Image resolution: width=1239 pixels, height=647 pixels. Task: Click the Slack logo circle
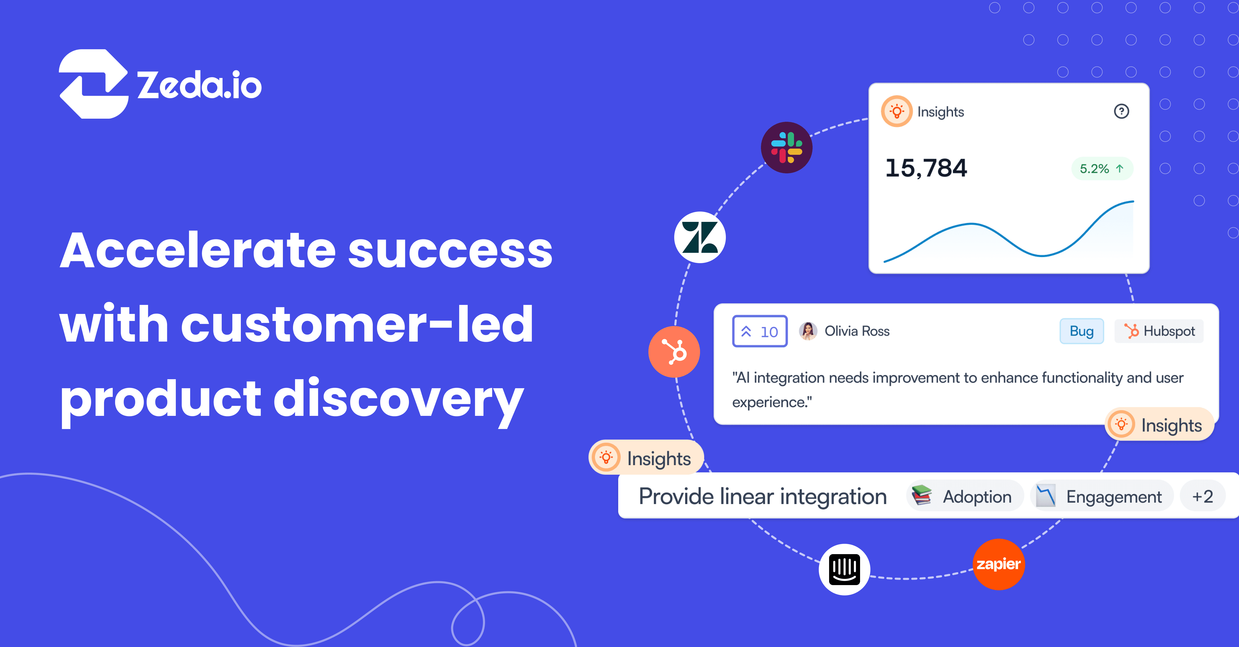[787, 148]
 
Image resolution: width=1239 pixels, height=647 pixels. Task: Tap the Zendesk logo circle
[700, 237]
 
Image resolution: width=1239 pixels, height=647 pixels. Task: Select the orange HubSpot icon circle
[674, 352]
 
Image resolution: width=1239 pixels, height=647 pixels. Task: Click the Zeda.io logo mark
[93, 84]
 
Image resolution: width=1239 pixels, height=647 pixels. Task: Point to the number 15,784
[926, 168]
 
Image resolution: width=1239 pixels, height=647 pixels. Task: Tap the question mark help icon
[1121, 111]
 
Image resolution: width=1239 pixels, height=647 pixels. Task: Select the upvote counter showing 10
[759, 331]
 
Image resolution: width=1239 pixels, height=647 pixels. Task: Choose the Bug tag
[1081, 331]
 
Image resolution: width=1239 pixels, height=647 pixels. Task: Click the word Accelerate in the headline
[197, 250]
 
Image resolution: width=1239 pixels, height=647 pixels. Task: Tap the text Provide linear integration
[762, 496]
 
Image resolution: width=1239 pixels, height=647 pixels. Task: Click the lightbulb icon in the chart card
[896, 111]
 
